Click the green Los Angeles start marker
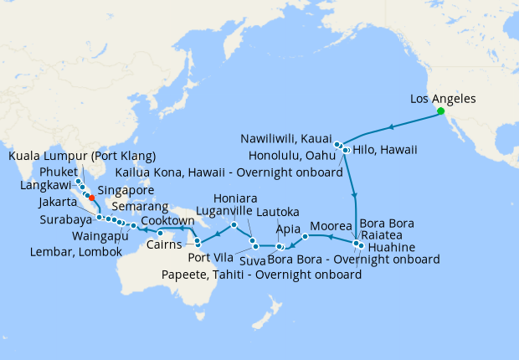click(439, 111)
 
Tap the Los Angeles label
click(443, 99)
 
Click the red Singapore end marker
click(91, 198)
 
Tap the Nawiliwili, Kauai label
click(286, 137)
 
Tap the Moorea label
click(331, 227)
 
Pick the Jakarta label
click(61, 203)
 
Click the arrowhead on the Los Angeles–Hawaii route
click(389, 127)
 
